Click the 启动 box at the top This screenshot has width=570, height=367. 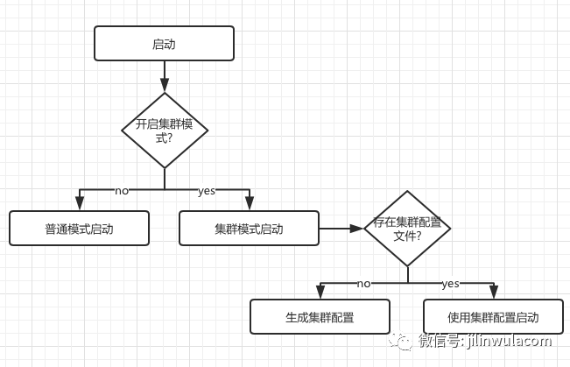(164, 43)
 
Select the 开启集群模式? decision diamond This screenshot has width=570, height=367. (165, 131)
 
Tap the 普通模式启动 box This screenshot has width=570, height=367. (79, 229)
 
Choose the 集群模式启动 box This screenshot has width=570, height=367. (249, 229)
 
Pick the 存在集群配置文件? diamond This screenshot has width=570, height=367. (407, 229)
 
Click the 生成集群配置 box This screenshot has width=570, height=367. (320, 317)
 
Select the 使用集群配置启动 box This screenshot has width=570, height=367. (493, 317)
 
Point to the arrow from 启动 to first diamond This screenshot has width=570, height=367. (165, 76)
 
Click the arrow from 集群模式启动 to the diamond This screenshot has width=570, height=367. (341, 229)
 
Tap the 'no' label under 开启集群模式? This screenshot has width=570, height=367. (122, 190)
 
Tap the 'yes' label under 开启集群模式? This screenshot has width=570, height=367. (207, 190)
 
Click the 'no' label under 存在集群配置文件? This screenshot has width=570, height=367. (363, 283)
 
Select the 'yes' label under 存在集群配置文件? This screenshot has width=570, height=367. (450, 283)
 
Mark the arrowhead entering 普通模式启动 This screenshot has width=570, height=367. (80, 204)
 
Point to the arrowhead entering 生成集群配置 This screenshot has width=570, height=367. (320, 293)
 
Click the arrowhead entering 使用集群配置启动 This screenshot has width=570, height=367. (493, 293)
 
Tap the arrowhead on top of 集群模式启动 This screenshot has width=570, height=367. (249, 204)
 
